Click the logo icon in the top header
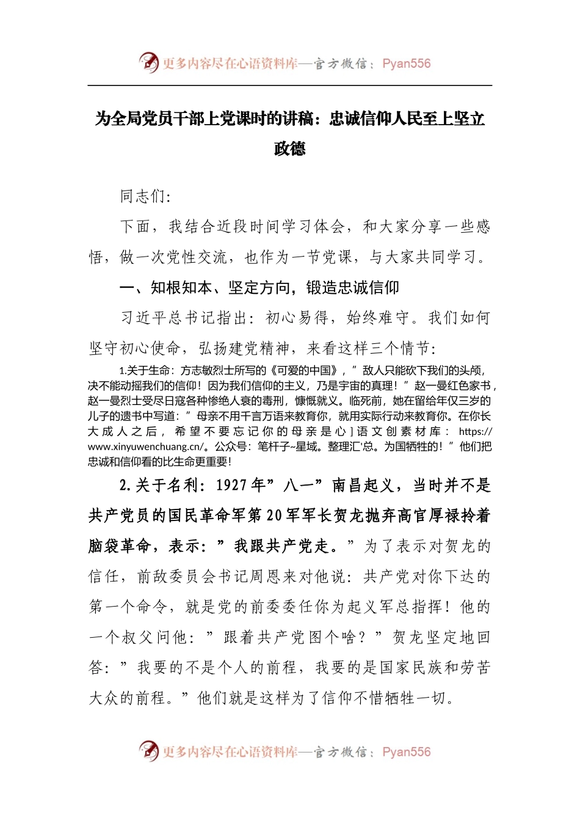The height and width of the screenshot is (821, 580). click(148, 62)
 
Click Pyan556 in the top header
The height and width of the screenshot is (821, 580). click(406, 64)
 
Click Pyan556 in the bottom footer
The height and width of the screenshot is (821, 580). click(406, 752)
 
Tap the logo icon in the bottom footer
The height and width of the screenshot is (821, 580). click(148, 751)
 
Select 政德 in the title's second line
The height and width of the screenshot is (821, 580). click(289, 148)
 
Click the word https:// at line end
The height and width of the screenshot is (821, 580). click(475, 431)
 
